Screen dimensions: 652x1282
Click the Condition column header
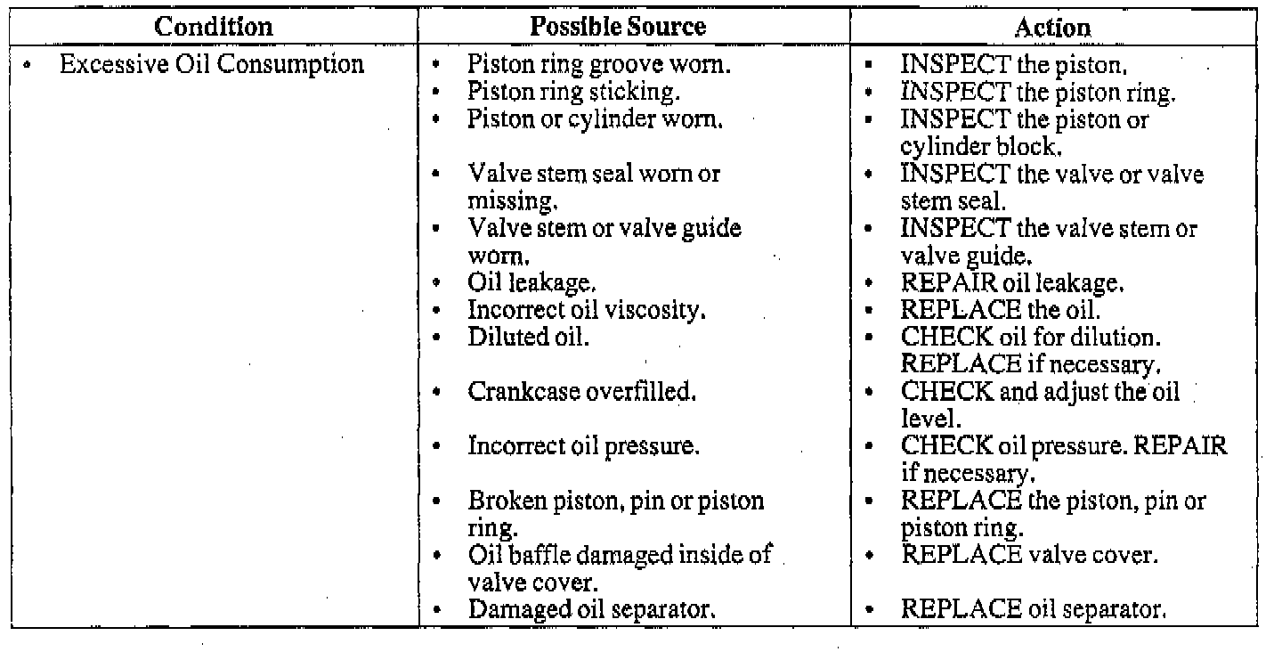point(214,26)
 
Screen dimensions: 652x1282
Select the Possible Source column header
point(618,26)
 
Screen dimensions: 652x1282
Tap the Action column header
point(1051,28)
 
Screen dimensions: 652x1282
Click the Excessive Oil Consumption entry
point(212,65)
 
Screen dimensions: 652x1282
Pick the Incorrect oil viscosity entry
point(587,311)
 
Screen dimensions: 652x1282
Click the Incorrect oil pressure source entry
point(583,446)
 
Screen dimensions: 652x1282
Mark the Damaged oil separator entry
point(593,610)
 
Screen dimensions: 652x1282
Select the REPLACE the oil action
point(1001,311)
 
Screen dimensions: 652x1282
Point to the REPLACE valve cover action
point(1029,556)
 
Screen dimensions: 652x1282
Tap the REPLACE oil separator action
point(1033,610)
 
